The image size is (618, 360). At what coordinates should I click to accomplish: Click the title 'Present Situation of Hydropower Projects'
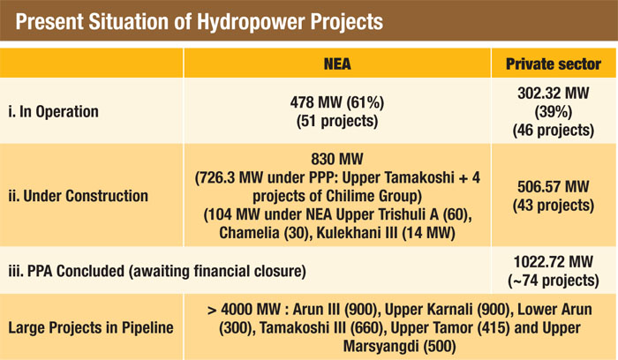pos(199,22)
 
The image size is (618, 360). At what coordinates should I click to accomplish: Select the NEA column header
pos(337,64)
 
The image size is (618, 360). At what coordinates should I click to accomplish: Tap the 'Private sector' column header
pos(554,64)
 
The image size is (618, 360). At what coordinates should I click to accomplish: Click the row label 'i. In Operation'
pos(53,111)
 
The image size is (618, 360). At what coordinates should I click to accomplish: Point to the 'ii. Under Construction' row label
pos(78,196)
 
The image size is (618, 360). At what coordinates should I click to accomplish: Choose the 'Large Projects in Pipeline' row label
pos(91,327)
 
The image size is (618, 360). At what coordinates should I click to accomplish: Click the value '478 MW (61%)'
pos(337,102)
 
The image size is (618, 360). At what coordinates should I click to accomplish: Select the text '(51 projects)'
pos(337,121)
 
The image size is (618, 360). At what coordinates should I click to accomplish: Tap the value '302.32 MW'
pos(554,94)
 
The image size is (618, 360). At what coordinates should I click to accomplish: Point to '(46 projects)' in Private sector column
pos(554,130)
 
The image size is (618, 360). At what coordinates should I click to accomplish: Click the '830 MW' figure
pos(337,159)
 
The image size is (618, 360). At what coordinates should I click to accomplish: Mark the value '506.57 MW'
pos(554,187)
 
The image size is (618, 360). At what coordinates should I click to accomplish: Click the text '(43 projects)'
pos(554,206)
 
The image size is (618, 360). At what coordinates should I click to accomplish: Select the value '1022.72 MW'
pos(554,262)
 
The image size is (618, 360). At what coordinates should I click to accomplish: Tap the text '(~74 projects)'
pos(554,281)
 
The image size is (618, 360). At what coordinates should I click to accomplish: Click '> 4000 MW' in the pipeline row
pos(244,310)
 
